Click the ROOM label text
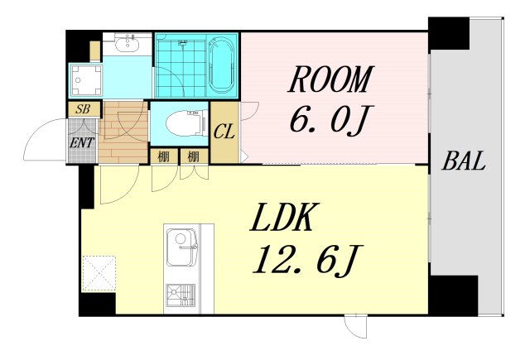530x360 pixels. [331, 79]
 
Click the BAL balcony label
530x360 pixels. [464, 161]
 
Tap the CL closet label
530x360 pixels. [224, 132]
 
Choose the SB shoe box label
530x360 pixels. [83, 109]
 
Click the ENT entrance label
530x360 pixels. [81, 143]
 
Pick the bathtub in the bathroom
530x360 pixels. [222, 65]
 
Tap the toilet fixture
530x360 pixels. [186, 123]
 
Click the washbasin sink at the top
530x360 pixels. [127, 43]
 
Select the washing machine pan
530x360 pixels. [86, 81]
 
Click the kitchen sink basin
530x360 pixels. [181, 247]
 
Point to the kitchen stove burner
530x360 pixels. [181, 295]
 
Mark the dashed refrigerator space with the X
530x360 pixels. [99, 274]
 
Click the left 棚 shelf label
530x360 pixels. [164, 156]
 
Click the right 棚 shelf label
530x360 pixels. [193, 156]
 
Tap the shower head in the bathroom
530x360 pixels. [183, 42]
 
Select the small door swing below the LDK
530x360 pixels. [355, 326]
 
